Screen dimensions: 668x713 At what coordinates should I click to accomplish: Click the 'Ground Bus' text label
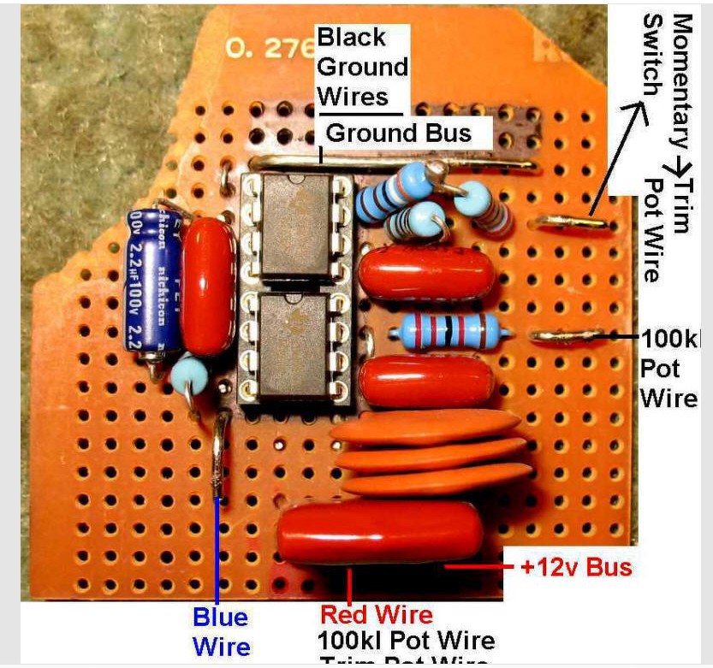[399, 133]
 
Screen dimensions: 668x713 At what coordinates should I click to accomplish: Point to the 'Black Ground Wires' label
[362, 67]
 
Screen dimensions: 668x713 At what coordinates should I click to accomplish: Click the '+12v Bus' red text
[576, 568]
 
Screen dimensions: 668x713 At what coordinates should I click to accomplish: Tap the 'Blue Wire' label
[220, 631]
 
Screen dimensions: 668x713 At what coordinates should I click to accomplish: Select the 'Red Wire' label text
[376, 615]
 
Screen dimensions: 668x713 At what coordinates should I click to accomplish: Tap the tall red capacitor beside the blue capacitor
[208, 284]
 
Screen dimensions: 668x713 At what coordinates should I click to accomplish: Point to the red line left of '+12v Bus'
[480, 566]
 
